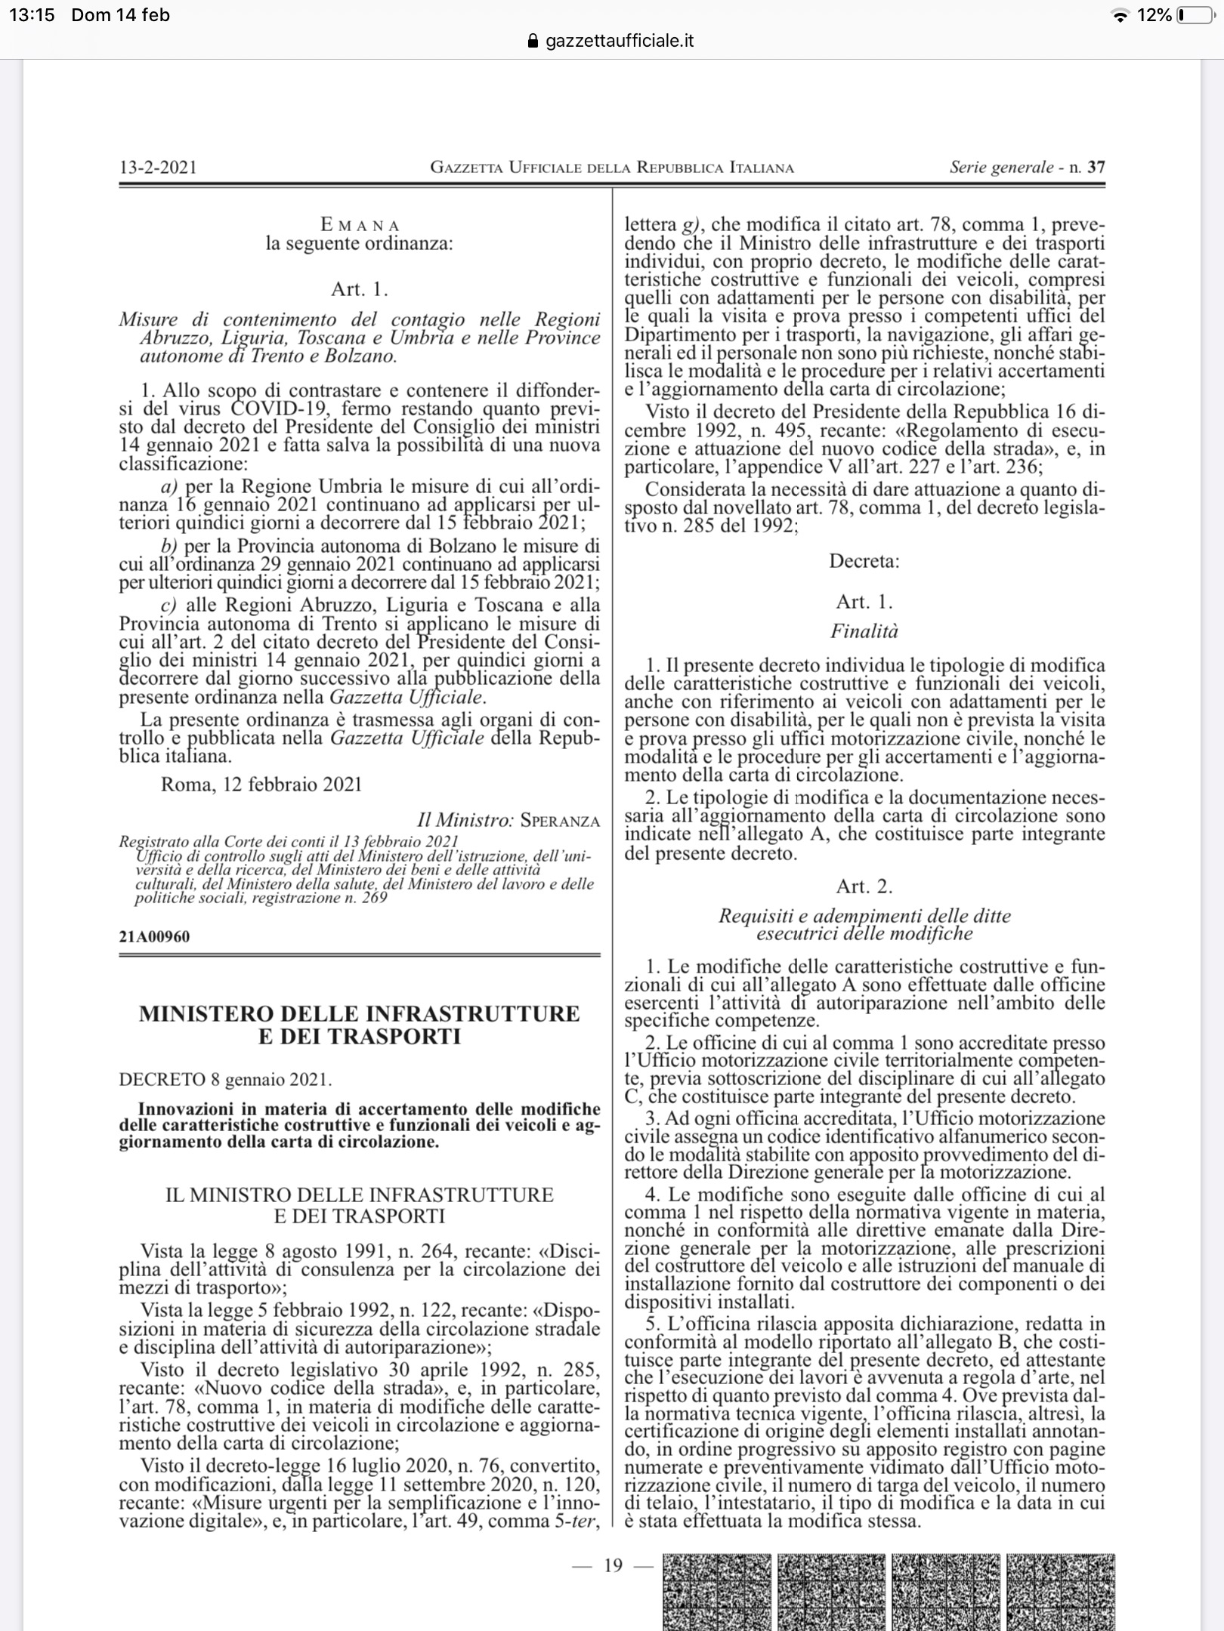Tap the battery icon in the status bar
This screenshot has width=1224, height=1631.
coord(1192,15)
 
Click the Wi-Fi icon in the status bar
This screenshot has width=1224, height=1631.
coord(1122,16)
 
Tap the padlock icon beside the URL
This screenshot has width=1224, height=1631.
coord(533,41)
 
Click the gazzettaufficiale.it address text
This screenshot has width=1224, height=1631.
coord(620,41)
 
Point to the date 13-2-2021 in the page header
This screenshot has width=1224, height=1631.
coord(158,168)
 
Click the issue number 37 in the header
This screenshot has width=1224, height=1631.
coord(1096,168)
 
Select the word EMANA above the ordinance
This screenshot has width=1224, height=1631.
coord(360,225)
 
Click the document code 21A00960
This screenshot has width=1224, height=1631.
coord(154,937)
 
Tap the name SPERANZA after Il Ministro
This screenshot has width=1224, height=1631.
coord(560,822)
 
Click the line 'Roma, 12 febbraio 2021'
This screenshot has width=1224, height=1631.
coord(261,785)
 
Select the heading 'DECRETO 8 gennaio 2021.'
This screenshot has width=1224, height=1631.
coord(225,1079)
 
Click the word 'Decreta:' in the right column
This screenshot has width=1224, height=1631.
coord(864,561)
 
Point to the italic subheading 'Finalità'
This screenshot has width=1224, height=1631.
coord(864,631)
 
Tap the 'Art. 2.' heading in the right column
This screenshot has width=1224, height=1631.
coord(864,886)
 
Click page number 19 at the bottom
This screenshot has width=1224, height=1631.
coord(613,1565)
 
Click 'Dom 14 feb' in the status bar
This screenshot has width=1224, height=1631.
coord(121,15)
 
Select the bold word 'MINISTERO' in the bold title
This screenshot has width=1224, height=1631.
coord(212,1013)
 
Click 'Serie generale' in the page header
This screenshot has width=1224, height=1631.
coord(1001,168)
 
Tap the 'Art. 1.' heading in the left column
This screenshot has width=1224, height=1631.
coord(360,289)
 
